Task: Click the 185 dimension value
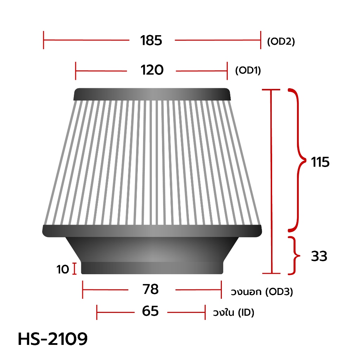[151, 40]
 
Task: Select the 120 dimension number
[152, 70]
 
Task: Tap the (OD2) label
[281, 41]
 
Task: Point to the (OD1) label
[248, 70]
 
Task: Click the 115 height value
[320, 162]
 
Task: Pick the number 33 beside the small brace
[319, 256]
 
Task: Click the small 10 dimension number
[63, 269]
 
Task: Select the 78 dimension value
[150, 289]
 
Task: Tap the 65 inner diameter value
[150, 311]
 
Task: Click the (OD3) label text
[279, 292]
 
